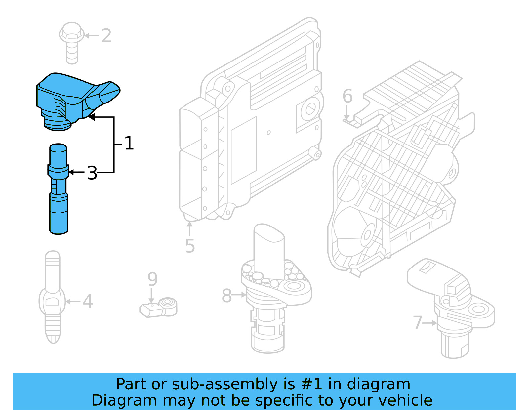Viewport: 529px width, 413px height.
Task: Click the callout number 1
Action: point(129,144)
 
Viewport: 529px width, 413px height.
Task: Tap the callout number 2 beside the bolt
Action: point(106,36)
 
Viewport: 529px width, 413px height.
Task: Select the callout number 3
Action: point(92,173)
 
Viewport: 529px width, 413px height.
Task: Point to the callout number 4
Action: point(88,301)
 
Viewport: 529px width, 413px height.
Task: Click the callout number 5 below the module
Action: point(190,246)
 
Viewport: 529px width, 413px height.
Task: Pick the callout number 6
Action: point(347,96)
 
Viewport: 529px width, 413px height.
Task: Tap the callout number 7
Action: point(418,323)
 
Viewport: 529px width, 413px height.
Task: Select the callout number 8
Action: point(226,295)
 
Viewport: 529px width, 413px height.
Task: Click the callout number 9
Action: point(152,279)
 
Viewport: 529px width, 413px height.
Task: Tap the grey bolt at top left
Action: point(71,41)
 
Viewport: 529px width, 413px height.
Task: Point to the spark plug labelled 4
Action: point(53,298)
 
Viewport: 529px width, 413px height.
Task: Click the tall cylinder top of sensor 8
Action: point(268,248)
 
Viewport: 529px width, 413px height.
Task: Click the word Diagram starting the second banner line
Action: point(124,400)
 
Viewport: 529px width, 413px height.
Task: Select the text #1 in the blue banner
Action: point(311,384)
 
